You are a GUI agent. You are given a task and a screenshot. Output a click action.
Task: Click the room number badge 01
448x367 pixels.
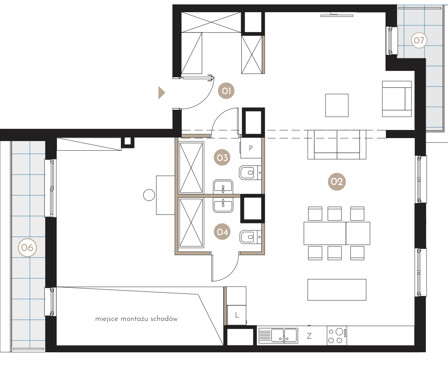click(226, 91)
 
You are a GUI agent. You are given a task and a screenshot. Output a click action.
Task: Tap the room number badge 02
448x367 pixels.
click(337, 182)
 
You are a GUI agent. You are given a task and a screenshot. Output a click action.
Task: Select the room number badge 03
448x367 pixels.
click(222, 157)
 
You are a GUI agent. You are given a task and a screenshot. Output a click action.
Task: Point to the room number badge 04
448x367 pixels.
click(222, 231)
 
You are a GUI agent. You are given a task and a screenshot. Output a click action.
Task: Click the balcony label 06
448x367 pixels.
click(27, 248)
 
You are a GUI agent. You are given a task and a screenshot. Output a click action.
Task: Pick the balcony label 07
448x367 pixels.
click(419, 40)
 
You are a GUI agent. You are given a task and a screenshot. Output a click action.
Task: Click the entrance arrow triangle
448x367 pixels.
click(162, 93)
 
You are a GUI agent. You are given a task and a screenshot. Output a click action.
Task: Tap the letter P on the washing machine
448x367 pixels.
click(251, 148)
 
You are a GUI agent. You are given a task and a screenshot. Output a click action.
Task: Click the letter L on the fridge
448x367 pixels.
click(237, 315)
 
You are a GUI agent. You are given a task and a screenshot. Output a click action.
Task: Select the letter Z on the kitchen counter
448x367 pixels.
click(309, 336)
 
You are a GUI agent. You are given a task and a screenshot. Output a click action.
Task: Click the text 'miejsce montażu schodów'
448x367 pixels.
click(136, 319)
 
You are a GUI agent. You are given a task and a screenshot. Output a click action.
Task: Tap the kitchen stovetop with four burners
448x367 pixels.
click(337, 336)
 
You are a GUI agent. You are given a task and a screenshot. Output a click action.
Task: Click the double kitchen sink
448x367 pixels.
click(278, 336)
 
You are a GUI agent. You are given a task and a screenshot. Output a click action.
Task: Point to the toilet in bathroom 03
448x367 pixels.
click(250, 173)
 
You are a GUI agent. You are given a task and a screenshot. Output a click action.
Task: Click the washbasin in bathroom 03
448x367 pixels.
click(223, 187)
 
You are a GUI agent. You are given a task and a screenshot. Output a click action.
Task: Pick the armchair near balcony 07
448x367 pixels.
click(397, 99)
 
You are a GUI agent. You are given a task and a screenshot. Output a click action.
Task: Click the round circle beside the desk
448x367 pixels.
click(149, 195)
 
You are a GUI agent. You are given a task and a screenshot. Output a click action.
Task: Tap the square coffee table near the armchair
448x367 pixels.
click(337, 105)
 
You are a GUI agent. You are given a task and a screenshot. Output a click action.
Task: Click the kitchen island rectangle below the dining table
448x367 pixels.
click(337, 290)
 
